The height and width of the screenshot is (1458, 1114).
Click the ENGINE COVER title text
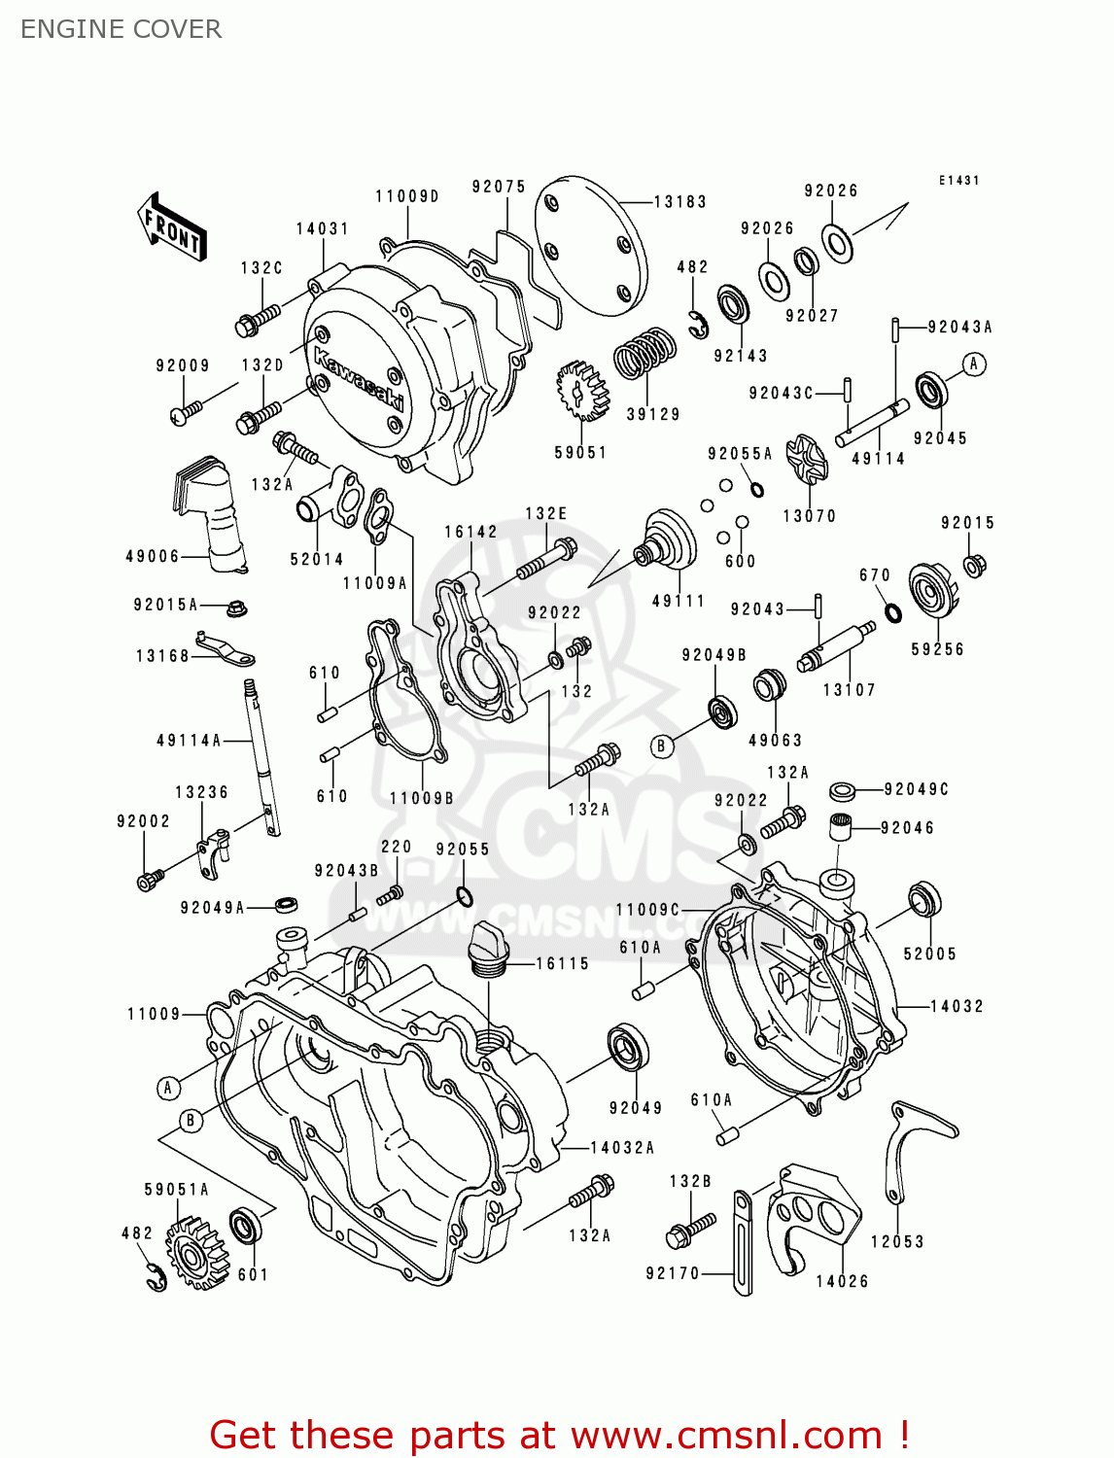[121, 29]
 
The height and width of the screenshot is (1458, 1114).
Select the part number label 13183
[679, 202]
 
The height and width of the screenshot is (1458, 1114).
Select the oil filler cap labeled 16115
[487, 947]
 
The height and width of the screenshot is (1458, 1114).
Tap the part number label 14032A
[622, 1148]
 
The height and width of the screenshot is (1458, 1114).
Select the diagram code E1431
[958, 181]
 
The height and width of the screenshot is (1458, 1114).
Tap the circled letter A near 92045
[974, 364]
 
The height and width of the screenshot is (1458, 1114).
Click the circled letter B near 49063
[662, 746]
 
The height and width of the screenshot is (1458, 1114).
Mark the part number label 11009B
[421, 798]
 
